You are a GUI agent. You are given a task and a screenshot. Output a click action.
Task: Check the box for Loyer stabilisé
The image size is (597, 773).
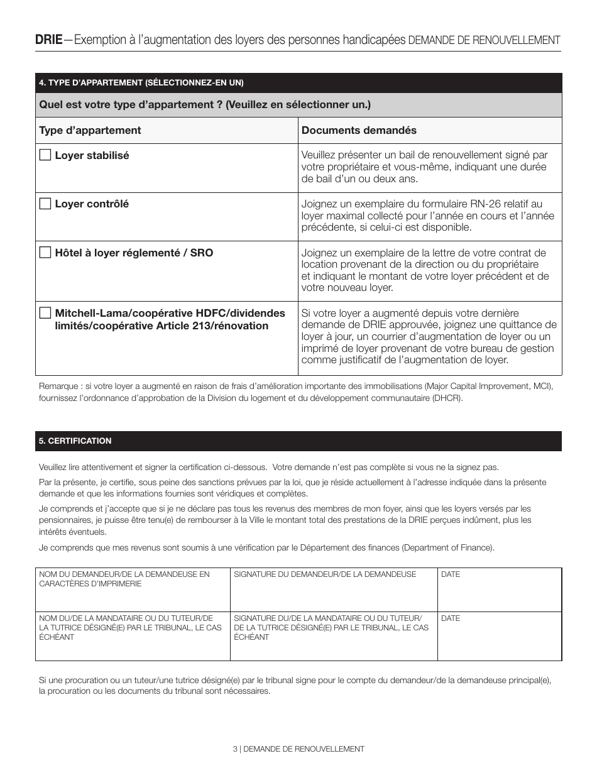pyautogui.click(x=45, y=155)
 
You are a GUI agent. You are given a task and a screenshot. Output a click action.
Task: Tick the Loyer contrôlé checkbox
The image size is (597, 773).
pyautogui.click(x=45, y=204)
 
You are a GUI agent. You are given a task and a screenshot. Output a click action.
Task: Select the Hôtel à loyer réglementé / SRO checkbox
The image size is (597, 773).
pyautogui.click(x=45, y=253)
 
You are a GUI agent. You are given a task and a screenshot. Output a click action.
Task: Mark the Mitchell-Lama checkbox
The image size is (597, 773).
pyautogui.click(x=45, y=313)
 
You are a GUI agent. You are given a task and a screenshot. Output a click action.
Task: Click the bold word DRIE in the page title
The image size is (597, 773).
pyautogui.click(x=48, y=40)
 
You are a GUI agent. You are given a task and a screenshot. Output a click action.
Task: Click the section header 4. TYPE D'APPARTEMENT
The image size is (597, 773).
pyautogui.click(x=141, y=83)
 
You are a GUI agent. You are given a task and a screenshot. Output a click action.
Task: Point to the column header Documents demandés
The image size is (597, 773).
pyautogui.click(x=359, y=130)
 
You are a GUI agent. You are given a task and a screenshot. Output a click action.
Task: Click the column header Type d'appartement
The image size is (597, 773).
pyautogui.click(x=90, y=130)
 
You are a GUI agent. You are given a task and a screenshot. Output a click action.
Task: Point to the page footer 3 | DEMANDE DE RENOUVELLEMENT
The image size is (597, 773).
pyautogui.click(x=298, y=749)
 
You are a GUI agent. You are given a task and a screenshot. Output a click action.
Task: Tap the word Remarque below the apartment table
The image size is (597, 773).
pyautogui.click(x=58, y=385)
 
